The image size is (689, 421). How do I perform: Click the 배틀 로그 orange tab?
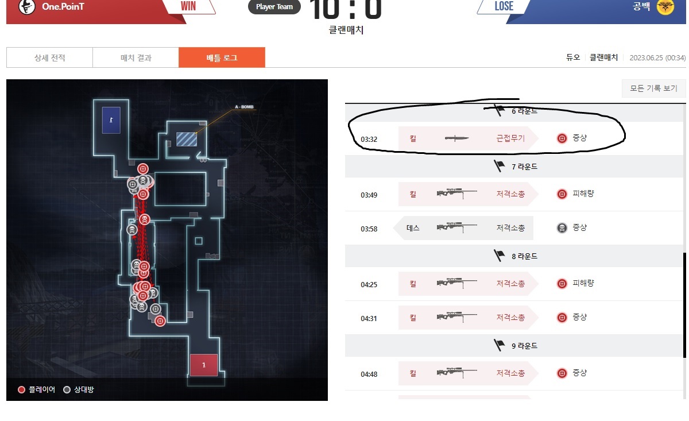(x=222, y=57)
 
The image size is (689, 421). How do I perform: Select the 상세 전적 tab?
(x=49, y=57)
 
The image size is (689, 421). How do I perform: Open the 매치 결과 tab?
(x=136, y=57)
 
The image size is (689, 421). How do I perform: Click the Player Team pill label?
(x=274, y=7)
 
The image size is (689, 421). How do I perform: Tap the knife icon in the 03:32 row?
(x=456, y=138)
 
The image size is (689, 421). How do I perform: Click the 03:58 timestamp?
(x=369, y=229)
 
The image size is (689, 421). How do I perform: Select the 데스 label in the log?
(x=413, y=228)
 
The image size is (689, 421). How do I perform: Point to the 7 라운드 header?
(x=516, y=167)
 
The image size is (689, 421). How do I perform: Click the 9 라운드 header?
(x=516, y=346)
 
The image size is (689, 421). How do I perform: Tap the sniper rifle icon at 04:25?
(x=456, y=284)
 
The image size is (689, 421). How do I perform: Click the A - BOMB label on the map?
(x=244, y=107)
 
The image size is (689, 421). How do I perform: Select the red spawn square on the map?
(x=204, y=365)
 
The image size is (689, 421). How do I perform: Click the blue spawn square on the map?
(x=111, y=119)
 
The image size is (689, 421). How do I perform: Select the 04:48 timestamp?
(x=369, y=374)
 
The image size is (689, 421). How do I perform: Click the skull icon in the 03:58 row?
(x=562, y=228)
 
